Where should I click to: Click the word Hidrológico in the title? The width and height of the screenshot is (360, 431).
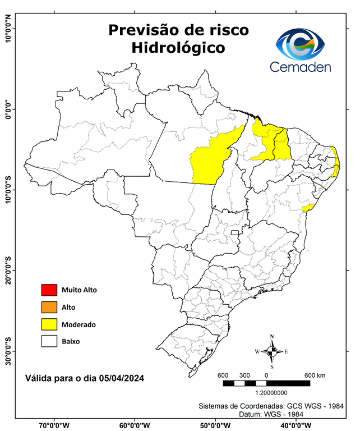tap(178, 49)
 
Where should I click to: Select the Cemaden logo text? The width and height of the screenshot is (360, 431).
tap(301, 67)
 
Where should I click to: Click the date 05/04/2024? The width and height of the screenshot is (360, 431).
tap(120, 379)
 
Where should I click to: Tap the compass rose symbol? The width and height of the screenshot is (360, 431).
tap(271, 352)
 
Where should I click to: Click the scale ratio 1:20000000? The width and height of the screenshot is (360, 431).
tap(271, 393)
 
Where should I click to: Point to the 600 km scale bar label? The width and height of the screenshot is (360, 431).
tap(314, 375)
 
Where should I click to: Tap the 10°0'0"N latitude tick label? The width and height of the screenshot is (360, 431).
tap(8, 29)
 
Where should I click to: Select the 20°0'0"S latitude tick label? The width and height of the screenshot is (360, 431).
tap(8, 270)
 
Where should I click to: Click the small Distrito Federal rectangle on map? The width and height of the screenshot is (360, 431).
tap(235, 231)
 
